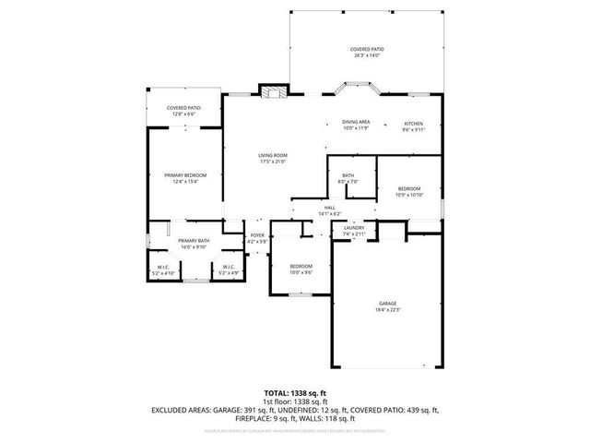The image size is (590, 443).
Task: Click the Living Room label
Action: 273,155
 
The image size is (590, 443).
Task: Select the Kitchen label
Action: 414,123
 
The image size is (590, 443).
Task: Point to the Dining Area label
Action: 356,123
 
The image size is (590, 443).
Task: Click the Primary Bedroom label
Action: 185,175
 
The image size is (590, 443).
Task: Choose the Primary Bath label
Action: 194,241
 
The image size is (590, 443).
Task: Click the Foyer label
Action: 257,236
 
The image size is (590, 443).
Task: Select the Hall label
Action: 329,209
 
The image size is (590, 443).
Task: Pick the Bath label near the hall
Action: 348,175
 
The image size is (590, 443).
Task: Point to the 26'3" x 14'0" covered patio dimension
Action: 367,55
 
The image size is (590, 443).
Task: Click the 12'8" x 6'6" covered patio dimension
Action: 183,114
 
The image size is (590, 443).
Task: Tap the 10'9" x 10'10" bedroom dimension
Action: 408,195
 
